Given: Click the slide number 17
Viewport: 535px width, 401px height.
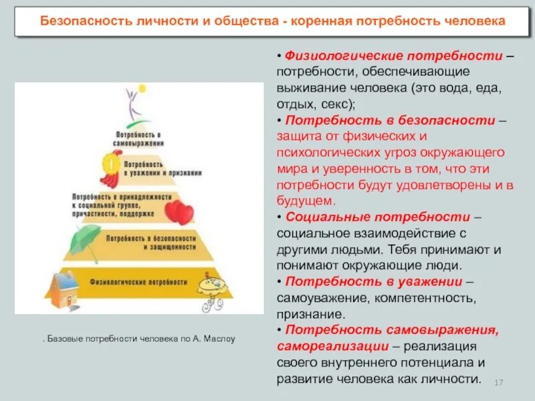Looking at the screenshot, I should pos(498,382).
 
